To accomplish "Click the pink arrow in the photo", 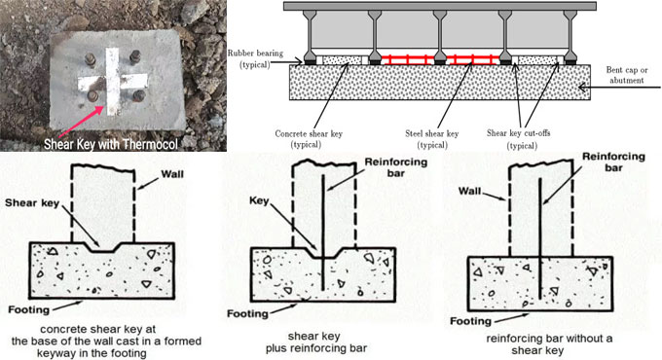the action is (82, 122).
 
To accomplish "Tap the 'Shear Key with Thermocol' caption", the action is (111, 144).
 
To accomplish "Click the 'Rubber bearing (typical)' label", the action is (255, 59).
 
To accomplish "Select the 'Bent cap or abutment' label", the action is (627, 75).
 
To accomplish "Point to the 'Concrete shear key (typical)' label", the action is (309, 139).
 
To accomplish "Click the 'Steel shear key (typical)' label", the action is (431, 139).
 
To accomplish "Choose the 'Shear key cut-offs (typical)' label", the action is (519, 139).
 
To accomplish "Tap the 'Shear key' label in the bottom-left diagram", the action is (32, 203).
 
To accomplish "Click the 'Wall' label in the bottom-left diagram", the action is (172, 174).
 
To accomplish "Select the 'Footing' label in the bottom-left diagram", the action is (28, 310).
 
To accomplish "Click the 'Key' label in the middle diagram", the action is (259, 200).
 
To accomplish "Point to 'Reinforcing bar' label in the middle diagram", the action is (396, 167).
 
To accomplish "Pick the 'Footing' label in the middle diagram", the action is (247, 314).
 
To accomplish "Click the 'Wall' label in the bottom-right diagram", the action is (470, 191).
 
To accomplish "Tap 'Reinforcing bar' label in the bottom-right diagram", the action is (614, 162).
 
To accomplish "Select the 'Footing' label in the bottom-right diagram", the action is (470, 322).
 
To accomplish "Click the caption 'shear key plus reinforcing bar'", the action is (315, 342).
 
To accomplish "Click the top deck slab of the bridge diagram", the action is (439, 7).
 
